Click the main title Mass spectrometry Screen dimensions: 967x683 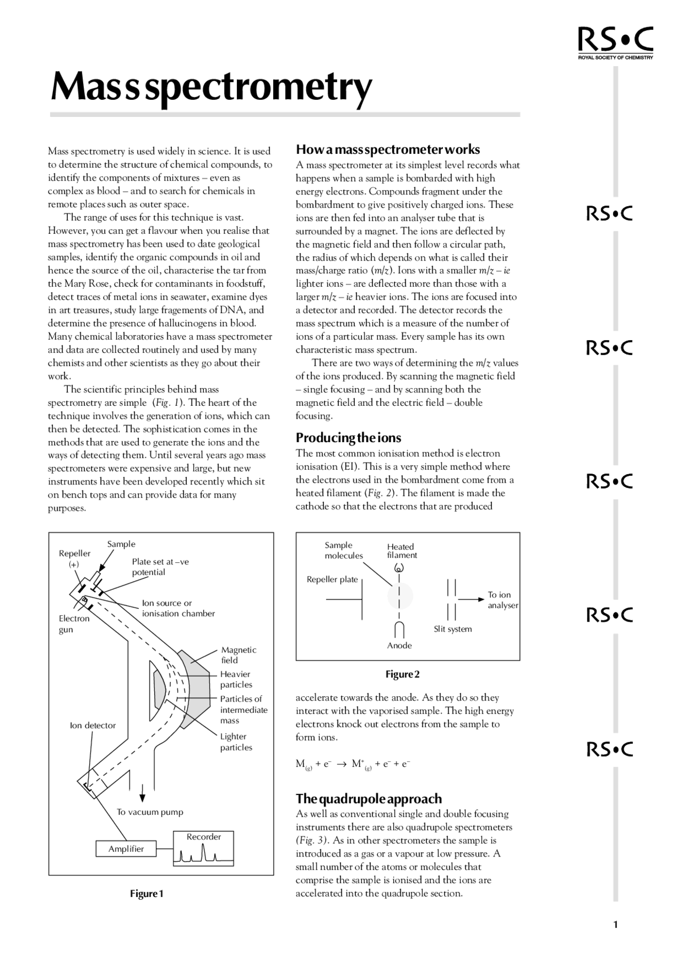pyautogui.click(x=211, y=87)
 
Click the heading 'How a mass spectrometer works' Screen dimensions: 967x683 pyautogui.click(x=387, y=150)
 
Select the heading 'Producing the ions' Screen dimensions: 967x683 pyautogui.click(x=348, y=438)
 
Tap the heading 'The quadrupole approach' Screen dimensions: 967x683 pyautogui.click(x=369, y=799)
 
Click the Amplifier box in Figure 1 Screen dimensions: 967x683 pyautogui.click(x=126, y=848)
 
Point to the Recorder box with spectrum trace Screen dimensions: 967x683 pyautogui.click(x=204, y=848)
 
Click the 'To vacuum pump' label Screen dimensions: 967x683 pyautogui.click(x=150, y=812)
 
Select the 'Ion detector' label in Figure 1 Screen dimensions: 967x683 pyautogui.click(x=93, y=725)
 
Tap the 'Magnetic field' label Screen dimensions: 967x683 pyautogui.click(x=239, y=655)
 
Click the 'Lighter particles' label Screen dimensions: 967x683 pyautogui.click(x=236, y=742)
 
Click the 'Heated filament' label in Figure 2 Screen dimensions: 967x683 pyautogui.click(x=401, y=551)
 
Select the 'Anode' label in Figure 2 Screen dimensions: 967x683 pyautogui.click(x=399, y=646)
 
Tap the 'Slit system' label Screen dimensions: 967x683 pyautogui.click(x=452, y=629)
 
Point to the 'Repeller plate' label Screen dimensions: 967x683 pyautogui.click(x=332, y=579)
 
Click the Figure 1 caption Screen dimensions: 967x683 pyautogui.click(x=147, y=894)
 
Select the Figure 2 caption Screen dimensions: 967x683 pyautogui.click(x=402, y=674)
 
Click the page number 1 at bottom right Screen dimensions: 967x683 pyautogui.click(x=615, y=925)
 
